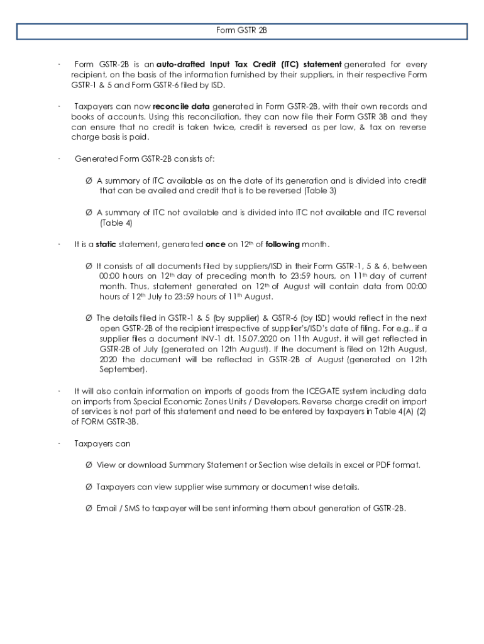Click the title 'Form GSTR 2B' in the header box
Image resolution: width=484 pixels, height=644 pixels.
[242, 30]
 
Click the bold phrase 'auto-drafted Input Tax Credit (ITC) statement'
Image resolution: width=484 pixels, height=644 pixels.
[249, 65]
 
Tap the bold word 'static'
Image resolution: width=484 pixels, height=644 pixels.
[106, 244]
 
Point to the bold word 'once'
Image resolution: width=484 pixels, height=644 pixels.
[216, 244]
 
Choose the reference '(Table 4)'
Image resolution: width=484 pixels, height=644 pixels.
[116, 223]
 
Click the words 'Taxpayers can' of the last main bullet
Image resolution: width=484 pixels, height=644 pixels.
[102, 443]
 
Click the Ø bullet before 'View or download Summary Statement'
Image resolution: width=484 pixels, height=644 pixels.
[89, 465]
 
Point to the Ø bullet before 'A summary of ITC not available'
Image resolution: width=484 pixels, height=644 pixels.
[89, 213]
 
